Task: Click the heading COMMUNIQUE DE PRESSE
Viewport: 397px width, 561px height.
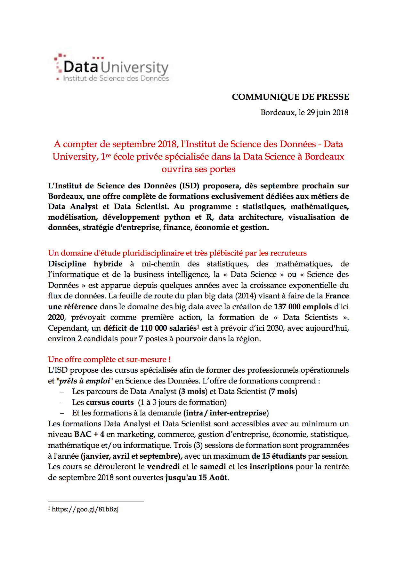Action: pyautogui.click(x=290, y=97)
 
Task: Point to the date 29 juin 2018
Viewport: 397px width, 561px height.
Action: pyautogui.click(x=328, y=113)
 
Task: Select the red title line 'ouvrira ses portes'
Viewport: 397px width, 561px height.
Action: pyautogui.click(x=198, y=169)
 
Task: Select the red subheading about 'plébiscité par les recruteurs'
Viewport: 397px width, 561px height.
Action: pyautogui.click(x=177, y=253)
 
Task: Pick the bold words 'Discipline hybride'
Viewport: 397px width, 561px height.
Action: pyautogui.click(x=85, y=264)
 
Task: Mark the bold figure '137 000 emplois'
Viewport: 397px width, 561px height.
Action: pyautogui.click(x=303, y=307)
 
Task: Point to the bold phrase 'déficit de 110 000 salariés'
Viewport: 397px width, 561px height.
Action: pyautogui.click(x=150, y=328)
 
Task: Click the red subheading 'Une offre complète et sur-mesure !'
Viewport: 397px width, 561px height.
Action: pyautogui.click(x=109, y=360)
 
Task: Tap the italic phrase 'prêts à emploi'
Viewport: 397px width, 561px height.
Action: pyautogui.click(x=85, y=381)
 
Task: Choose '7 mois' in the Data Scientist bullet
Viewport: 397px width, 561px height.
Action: pyautogui.click(x=283, y=391)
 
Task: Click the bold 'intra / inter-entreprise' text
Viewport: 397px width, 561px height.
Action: pyautogui.click(x=226, y=413)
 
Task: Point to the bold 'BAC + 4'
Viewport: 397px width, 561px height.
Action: pyautogui.click(x=89, y=434)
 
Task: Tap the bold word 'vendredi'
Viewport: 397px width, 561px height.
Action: pyautogui.click(x=163, y=467)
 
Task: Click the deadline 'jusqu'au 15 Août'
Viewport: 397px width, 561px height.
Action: pyautogui.click(x=196, y=478)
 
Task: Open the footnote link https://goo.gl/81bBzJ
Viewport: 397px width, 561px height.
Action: pyautogui.click(x=85, y=509)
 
